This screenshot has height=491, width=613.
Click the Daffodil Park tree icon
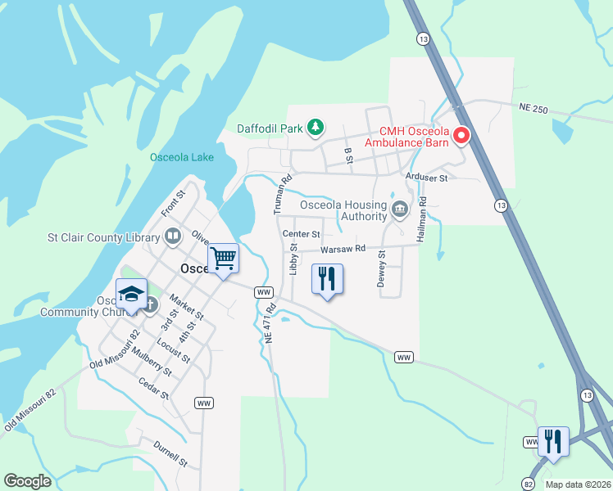[315, 128]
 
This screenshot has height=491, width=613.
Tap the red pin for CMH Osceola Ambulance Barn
[461, 135]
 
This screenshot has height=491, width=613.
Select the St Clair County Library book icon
[173, 237]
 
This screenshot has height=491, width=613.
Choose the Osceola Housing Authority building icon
[399, 209]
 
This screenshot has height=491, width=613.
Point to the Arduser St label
[426, 177]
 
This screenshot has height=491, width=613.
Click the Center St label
[301, 234]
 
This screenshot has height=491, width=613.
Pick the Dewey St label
[381, 269]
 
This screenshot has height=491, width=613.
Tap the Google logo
[27, 481]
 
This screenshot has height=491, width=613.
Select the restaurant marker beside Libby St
[327, 280]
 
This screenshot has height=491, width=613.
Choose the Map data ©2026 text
[578, 484]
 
